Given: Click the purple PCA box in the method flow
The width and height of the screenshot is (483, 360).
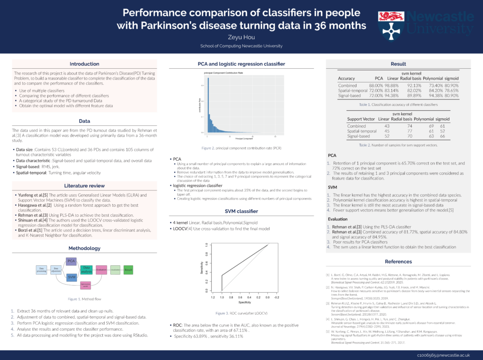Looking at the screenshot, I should [71, 261].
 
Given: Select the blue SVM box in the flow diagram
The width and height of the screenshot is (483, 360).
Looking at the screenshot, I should [71, 278].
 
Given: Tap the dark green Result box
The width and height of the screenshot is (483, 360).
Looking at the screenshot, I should [128, 270].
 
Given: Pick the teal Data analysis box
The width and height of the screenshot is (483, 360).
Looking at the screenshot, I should [87, 270].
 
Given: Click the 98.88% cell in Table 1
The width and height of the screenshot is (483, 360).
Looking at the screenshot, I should [392, 85].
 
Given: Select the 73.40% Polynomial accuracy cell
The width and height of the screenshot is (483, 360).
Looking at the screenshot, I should [433, 85].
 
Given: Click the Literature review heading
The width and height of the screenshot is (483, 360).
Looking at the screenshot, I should [84, 185].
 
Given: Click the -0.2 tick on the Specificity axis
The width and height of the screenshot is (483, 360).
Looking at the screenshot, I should [277, 298].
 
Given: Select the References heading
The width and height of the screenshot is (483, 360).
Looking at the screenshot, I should [398, 262].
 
